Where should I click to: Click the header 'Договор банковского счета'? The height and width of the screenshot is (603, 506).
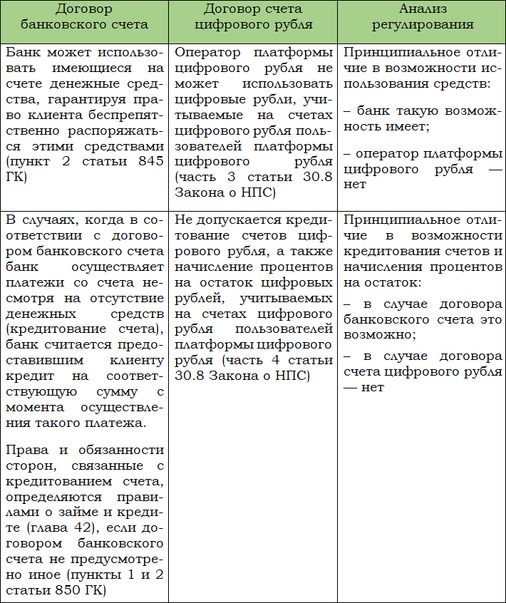click(x=85, y=16)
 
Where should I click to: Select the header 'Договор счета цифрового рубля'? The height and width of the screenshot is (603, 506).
click(x=253, y=16)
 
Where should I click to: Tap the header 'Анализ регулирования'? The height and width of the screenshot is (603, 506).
click(x=421, y=16)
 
